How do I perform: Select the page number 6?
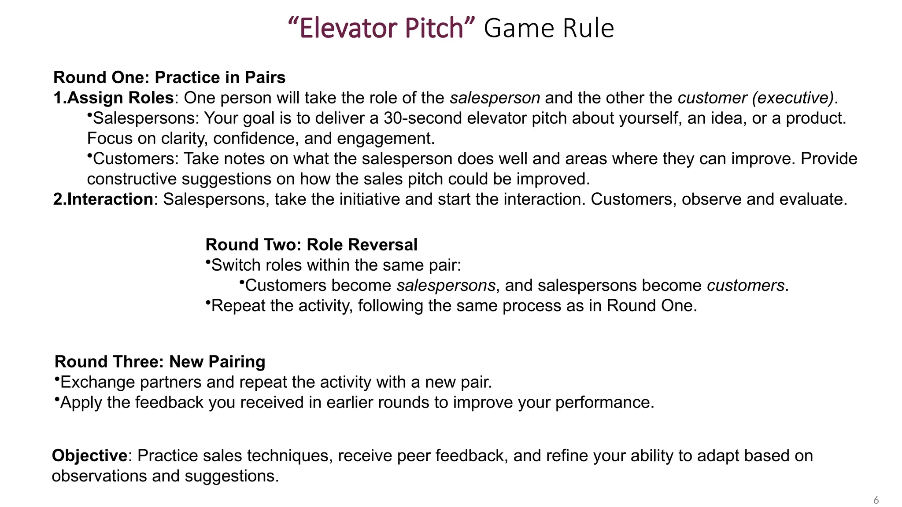click(x=876, y=500)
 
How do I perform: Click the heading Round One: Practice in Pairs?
click(x=169, y=77)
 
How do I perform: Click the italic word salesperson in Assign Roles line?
click(x=495, y=98)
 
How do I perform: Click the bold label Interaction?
click(x=110, y=199)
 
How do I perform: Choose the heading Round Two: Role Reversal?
click(x=311, y=245)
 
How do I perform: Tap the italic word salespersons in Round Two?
click(x=446, y=285)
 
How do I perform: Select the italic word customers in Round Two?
click(x=745, y=285)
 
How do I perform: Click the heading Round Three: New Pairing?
click(x=160, y=361)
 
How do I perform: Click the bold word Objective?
click(x=90, y=456)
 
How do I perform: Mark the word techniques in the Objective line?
click(x=288, y=456)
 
